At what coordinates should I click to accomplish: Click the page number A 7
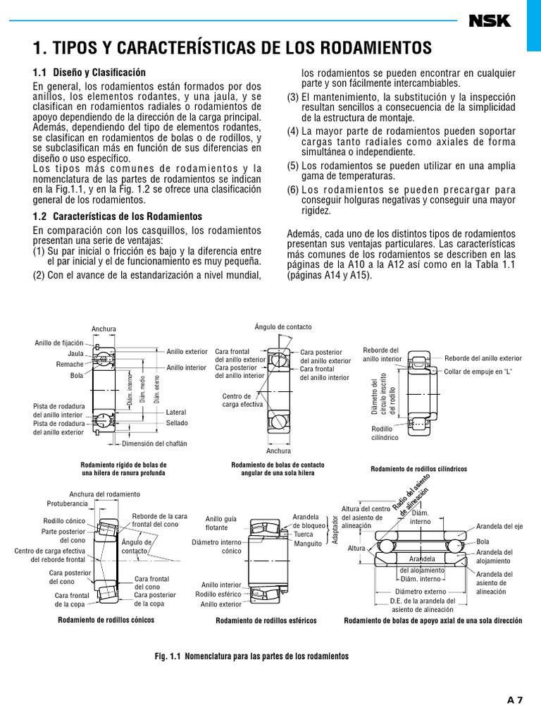(515, 700)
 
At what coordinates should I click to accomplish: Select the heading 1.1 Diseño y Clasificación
(89, 72)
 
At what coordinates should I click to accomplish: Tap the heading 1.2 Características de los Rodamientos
(118, 216)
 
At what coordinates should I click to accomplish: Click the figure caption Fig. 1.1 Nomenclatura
(251, 656)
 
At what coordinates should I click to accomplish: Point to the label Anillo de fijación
(59, 343)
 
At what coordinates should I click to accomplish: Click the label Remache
(70, 365)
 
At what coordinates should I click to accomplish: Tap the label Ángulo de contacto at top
(282, 327)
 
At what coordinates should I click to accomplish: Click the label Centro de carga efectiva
(242, 400)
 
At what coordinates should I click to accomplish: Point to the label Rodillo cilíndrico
(385, 433)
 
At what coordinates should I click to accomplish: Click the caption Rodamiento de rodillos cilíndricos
(418, 469)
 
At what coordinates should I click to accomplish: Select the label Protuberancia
(67, 505)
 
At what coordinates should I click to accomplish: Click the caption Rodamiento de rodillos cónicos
(106, 620)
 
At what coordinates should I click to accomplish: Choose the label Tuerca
(304, 534)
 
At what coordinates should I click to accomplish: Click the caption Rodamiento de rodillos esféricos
(266, 621)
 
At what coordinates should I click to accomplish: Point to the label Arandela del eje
(499, 527)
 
